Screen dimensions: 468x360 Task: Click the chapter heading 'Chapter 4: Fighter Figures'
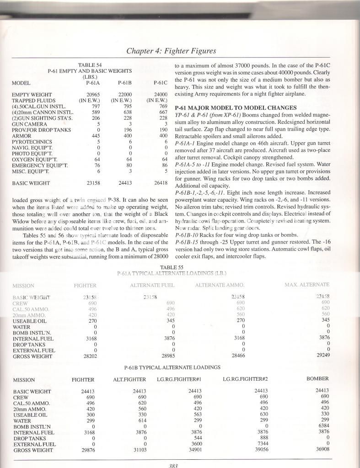click(171, 51)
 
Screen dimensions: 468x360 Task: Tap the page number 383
click(172, 465)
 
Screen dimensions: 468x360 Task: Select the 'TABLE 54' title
click(90, 65)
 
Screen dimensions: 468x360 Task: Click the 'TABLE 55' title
click(171, 267)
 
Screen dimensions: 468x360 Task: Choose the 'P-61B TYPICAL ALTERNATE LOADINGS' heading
click(172, 367)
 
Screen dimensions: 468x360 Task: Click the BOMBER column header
click(317, 379)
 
